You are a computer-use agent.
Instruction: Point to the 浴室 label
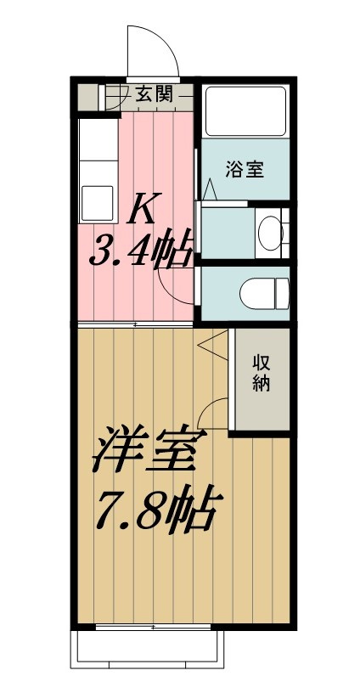[245, 169]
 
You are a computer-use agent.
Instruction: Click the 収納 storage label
[261, 373]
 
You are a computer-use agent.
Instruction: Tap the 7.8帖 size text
[153, 508]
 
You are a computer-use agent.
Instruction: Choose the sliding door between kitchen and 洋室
[136, 325]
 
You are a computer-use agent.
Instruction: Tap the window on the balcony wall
[153, 628]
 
